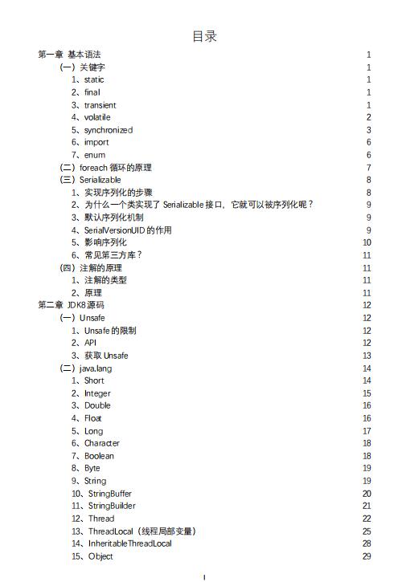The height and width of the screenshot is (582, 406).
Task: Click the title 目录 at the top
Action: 204,37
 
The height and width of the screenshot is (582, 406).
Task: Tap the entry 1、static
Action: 88,79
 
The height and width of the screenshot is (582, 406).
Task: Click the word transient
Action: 100,105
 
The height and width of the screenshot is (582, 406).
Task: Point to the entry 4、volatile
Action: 91,117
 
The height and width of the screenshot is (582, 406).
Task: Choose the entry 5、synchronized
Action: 102,130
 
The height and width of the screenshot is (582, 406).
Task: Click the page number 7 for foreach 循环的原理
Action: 368,168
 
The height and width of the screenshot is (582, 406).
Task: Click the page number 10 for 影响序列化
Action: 367,242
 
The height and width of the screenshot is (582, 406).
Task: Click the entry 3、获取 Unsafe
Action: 100,356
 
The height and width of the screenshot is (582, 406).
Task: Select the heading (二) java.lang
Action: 86,368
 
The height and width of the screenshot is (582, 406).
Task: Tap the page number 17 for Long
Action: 367,431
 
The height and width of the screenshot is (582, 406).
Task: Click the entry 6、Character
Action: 96,443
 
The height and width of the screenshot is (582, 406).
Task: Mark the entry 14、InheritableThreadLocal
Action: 121,543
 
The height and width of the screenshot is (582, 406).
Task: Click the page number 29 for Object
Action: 367,556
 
